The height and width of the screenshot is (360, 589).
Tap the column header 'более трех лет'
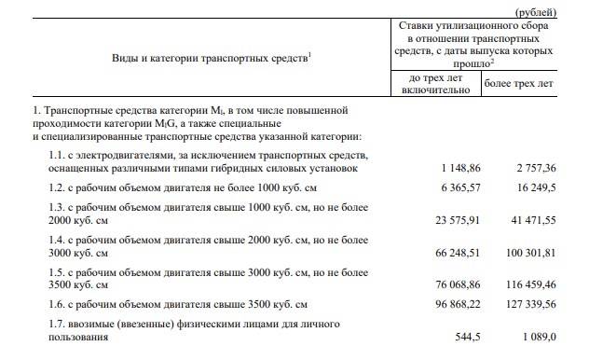tap(519, 84)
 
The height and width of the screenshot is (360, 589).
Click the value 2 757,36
tap(528, 169)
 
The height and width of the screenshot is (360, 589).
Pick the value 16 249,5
tap(532, 187)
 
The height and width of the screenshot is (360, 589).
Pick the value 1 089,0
tap(534, 339)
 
